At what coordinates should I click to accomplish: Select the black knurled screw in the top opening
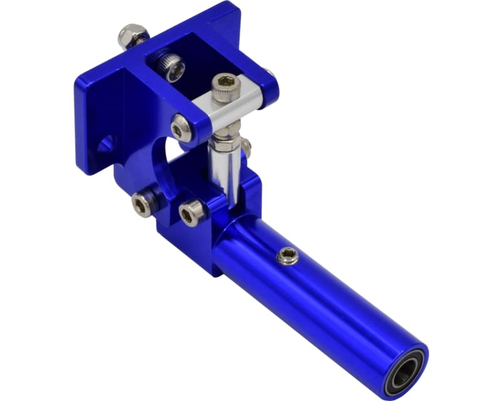click(x=171, y=66)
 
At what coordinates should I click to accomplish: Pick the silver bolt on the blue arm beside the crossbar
click(x=181, y=127)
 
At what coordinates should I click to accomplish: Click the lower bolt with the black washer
click(x=142, y=204)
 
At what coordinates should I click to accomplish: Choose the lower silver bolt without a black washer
click(x=191, y=213)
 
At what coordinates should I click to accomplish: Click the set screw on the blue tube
click(x=287, y=255)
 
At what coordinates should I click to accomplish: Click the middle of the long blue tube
click(x=314, y=294)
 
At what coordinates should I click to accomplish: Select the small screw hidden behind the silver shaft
click(x=247, y=147)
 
